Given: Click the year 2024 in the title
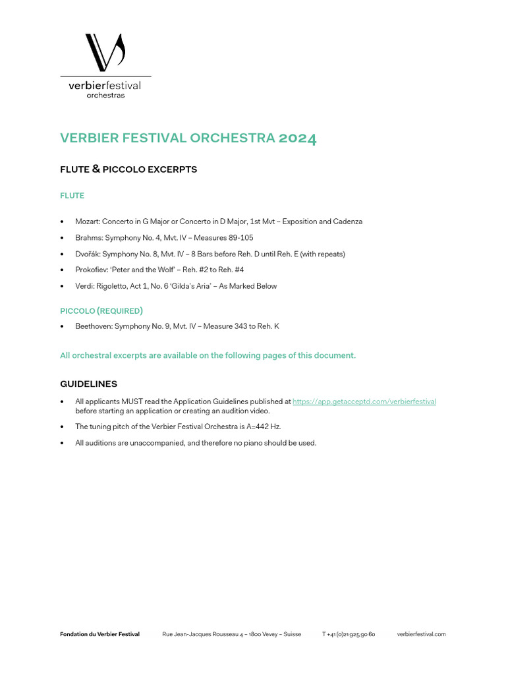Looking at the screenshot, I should [297, 138].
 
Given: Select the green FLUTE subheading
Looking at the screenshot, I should [72, 196].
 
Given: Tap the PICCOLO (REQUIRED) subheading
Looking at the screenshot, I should [101, 310].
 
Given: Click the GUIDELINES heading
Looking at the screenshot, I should [88, 384].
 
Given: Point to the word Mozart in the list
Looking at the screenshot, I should [87, 221].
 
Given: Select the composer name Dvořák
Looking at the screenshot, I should [88, 254].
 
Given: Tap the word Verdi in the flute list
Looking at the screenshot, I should [84, 286].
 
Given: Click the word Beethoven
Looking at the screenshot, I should [93, 326].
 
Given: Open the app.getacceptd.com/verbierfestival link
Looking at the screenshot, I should [364, 401].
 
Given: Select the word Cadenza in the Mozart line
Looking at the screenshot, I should [347, 221].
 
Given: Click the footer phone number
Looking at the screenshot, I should [349, 634].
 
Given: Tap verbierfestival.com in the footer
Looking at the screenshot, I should [421, 634].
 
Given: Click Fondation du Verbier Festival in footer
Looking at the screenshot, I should [99, 634].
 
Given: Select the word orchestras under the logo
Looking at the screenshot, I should [105, 96].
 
